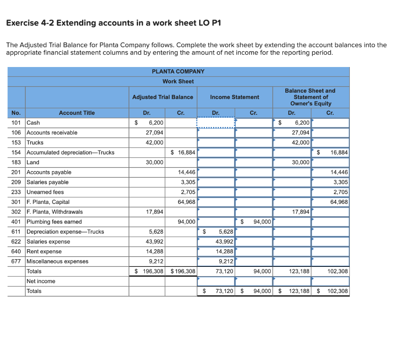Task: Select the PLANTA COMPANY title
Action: coord(178,72)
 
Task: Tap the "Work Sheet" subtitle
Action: coord(178,81)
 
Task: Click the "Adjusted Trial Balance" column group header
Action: coord(162,97)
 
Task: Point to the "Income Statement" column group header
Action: coord(234,97)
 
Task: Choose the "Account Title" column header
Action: coord(77,113)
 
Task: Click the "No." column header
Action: coord(16,113)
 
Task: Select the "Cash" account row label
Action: coord(33,123)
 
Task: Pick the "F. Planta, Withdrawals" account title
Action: coord(54,212)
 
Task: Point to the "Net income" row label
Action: coord(41,281)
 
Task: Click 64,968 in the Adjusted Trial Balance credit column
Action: coord(187,202)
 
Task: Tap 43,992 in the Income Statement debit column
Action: coord(224,241)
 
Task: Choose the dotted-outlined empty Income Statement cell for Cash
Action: coord(216,123)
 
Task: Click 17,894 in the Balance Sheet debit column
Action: coord(300,212)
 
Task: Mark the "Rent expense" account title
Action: coord(44,251)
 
